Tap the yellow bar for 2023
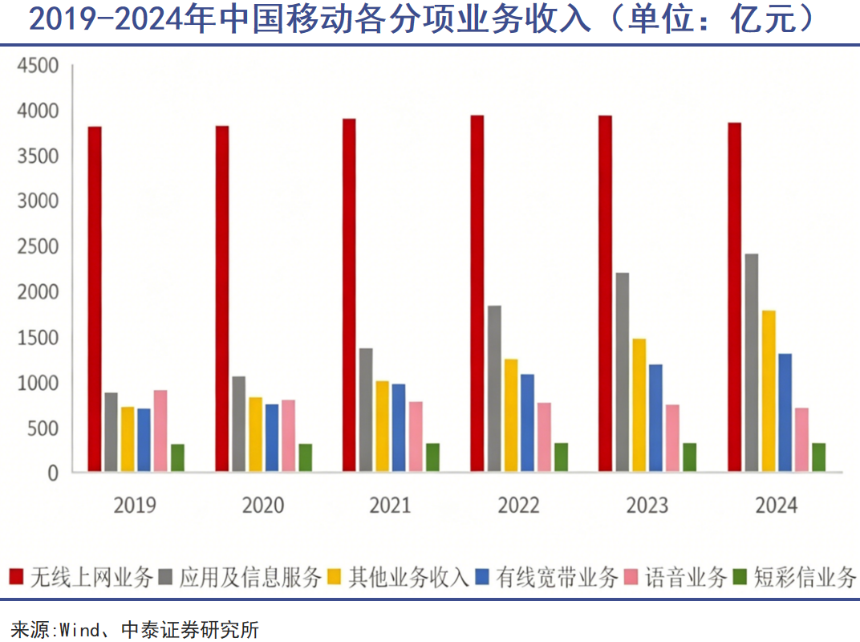pos(639,404)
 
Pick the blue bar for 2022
pos(527,422)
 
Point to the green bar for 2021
pos(432,457)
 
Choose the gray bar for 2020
pos(238,424)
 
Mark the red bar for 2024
pos(734,297)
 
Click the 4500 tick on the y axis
pos(39,66)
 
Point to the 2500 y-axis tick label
pos(39,247)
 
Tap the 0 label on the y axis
pos(53,473)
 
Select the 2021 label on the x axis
pos(390,506)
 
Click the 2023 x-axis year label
pos(647,506)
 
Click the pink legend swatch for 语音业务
pos(632,577)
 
